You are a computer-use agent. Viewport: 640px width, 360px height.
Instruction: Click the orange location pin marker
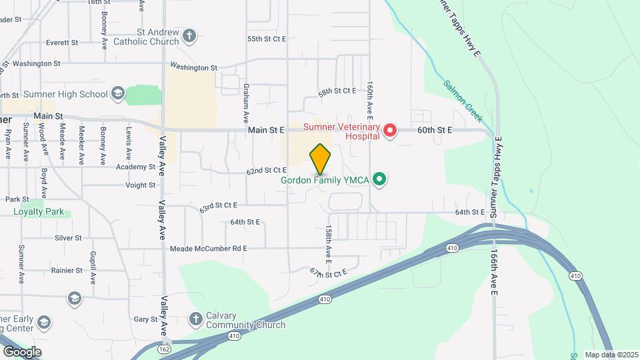(321, 159)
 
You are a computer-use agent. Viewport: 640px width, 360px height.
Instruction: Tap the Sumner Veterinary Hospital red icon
(389, 131)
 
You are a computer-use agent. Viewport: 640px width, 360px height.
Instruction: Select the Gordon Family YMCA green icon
(380, 179)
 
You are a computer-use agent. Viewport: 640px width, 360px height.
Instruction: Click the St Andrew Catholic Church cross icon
(189, 36)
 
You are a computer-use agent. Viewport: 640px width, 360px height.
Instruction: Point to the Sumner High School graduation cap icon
(118, 93)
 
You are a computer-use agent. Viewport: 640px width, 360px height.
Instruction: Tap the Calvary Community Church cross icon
(197, 319)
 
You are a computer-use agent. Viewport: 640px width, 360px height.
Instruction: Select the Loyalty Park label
(39, 212)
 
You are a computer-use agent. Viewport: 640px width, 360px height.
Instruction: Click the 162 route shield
(163, 349)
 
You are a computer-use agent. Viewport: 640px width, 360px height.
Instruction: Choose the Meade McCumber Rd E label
(209, 249)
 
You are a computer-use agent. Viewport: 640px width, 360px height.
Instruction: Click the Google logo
(23, 351)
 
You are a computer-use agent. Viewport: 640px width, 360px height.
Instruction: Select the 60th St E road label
(435, 131)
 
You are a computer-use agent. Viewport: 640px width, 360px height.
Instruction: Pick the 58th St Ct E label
(337, 91)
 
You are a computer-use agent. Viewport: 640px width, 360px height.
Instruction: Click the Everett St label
(63, 42)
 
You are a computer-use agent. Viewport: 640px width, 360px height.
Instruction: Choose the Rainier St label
(69, 271)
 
